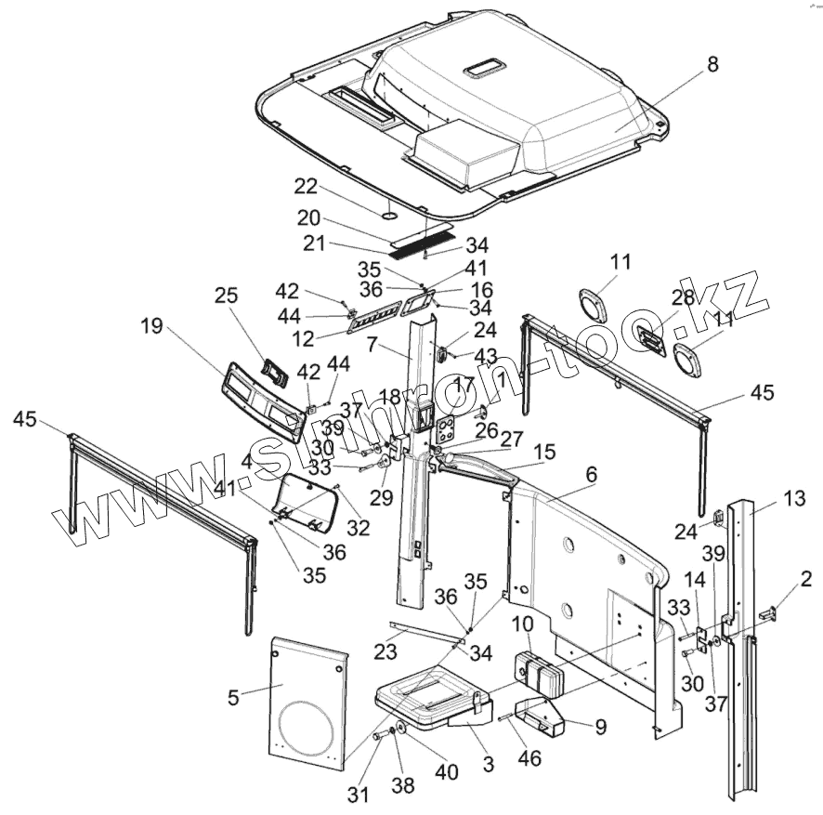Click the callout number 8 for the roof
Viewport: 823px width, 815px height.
pos(712,64)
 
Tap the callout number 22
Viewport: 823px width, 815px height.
pos(306,187)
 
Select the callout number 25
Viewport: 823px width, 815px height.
pos(226,296)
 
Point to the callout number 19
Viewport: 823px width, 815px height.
pos(152,326)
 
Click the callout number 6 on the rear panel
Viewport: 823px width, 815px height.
pos(592,474)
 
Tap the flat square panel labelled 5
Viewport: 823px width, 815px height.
pos(307,697)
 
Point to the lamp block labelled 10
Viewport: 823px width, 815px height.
pos(537,672)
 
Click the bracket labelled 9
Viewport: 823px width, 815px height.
pos(549,718)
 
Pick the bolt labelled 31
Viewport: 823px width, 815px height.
pos(382,736)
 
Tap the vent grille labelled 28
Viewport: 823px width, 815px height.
pos(651,341)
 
